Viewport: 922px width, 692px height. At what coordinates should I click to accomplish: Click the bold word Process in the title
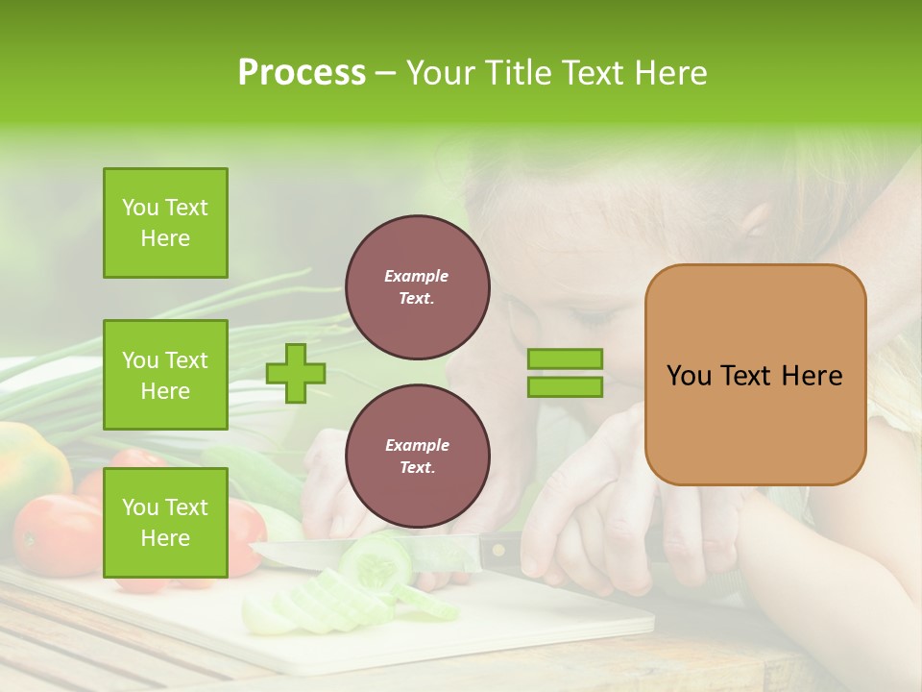[x=302, y=73]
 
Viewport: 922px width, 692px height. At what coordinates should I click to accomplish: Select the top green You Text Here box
[x=165, y=223]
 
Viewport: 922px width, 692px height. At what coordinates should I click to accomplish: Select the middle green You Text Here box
[x=165, y=375]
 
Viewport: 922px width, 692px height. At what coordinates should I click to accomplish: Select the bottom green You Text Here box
[x=165, y=523]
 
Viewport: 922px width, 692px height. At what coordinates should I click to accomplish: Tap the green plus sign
[x=296, y=373]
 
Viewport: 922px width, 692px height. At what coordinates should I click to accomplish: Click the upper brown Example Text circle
[x=417, y=287]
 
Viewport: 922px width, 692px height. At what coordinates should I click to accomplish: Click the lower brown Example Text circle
[x=417, y=457]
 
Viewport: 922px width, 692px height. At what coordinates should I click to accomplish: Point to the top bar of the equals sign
[x=565, y=359]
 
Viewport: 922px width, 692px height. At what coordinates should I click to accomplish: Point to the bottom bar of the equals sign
[x=565, y=387]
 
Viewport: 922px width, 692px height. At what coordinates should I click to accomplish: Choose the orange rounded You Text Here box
[x=755, y=375]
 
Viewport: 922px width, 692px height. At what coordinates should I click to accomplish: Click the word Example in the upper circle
[x=417, y=276]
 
